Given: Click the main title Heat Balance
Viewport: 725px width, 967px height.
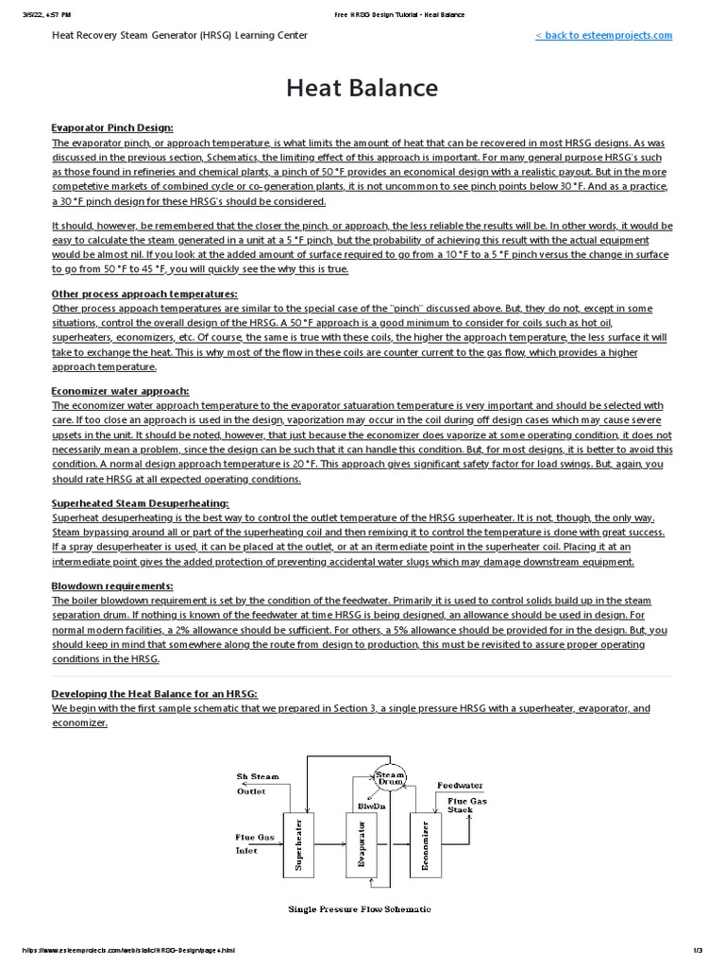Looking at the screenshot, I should pyautogui.click(x=362, y=88).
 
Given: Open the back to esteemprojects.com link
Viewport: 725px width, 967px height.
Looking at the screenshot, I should pyautogui.click(x=603, y=35).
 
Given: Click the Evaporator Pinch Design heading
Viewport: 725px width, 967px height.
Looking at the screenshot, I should pyautogui.click(x=111, y=127).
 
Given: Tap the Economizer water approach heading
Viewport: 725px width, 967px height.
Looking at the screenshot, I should pyautogui.click(x=120, y=390).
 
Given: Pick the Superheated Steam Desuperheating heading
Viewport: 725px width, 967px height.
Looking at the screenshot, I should pyautogui.click(x=140, y=503).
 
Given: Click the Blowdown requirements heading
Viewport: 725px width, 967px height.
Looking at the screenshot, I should pyautogui.click(x=111, y=586).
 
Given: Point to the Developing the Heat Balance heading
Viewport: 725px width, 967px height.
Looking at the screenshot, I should pyautogui.click(x=154, y=694).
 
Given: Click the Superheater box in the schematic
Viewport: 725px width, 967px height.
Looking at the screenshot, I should pyautogui.click(x=298, y=844).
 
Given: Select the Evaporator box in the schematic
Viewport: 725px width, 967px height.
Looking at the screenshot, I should pyautogui.click(x=362, y=844).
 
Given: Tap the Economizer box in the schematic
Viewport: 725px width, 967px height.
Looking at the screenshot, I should pyautogui.click(x=426, y=844).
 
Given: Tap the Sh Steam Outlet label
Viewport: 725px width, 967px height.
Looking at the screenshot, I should pyautogui.click(x=257, y=784).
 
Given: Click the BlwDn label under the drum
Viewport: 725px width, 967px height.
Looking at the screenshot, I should pyautogui.click(x=370, y=806).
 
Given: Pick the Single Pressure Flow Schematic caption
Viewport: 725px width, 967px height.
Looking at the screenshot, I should pyautogui.click(x=359, y=908).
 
